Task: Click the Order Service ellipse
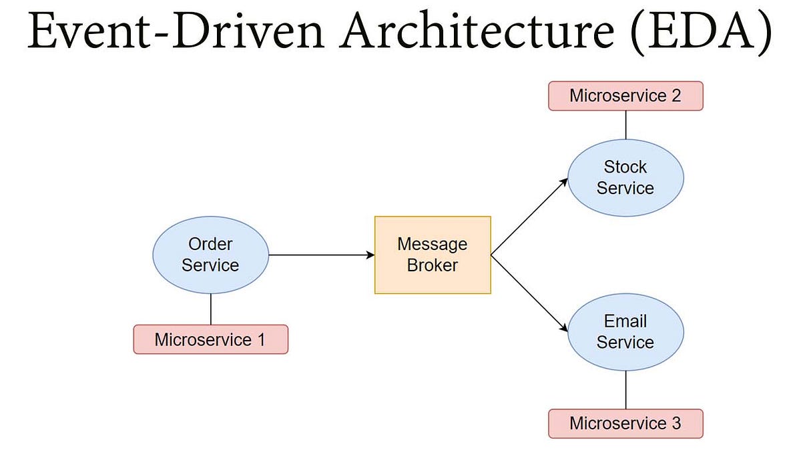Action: tap(210, 255)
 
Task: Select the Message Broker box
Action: tap(433, 255)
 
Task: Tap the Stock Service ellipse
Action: tap(625, 177)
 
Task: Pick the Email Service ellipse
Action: tap(625, 332)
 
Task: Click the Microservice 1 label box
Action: tap(210, 339)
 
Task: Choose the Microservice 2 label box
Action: tap(625, 95)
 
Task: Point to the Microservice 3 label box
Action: tap(625, 423)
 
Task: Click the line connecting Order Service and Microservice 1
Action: tap(211, 309)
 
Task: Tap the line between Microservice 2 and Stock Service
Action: tap(625, 124)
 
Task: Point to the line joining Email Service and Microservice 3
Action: tap(625, 390)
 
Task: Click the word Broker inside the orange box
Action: tap(433, 265)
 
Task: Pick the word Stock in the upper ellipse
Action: tap(625, 167)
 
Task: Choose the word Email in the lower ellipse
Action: tap(625, 321)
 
